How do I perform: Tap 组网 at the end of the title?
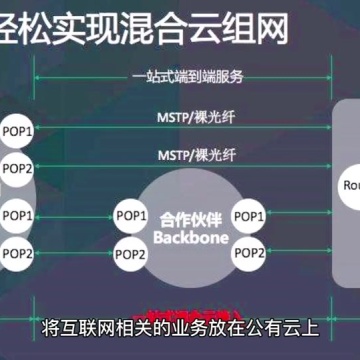263,24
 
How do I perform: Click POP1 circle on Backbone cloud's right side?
249,216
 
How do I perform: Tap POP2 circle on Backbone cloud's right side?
249,253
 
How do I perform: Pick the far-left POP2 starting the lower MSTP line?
17,167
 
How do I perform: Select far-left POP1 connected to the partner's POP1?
17,216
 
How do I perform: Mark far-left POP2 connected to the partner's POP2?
17,253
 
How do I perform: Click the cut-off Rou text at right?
351,185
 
